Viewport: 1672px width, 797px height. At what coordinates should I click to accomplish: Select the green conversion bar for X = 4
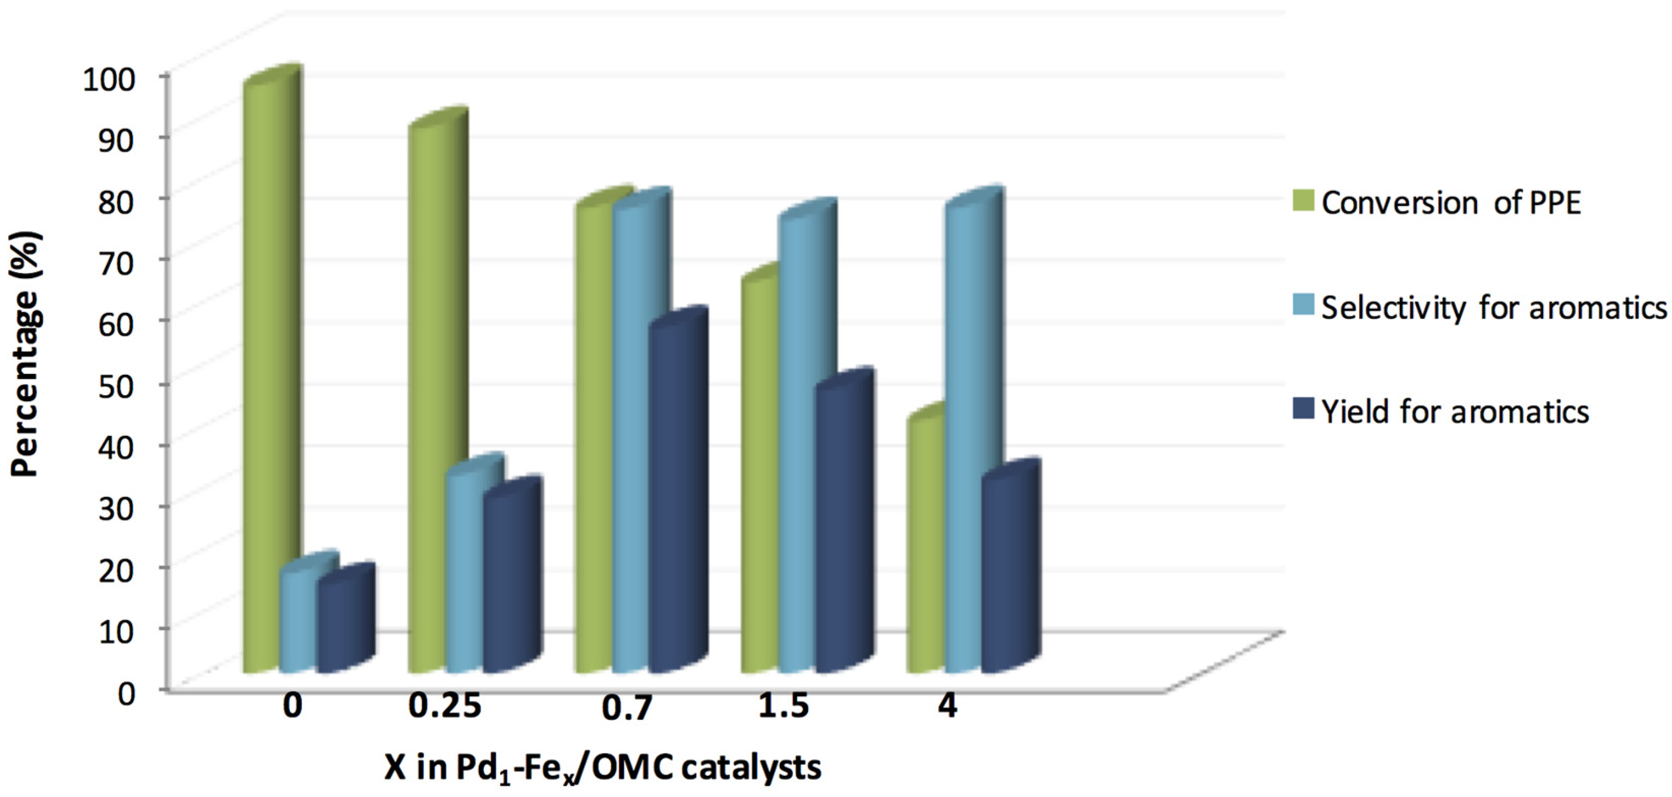(x=925, y=545)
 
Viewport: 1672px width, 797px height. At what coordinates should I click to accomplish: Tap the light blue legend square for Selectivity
(x=1304, y=305)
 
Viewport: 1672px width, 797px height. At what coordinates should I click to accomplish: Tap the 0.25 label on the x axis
(x=445, y=706)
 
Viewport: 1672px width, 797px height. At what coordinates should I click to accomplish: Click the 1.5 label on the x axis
(x=784, y=706)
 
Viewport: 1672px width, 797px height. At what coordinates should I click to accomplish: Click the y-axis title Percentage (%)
(x=26, y=354)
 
